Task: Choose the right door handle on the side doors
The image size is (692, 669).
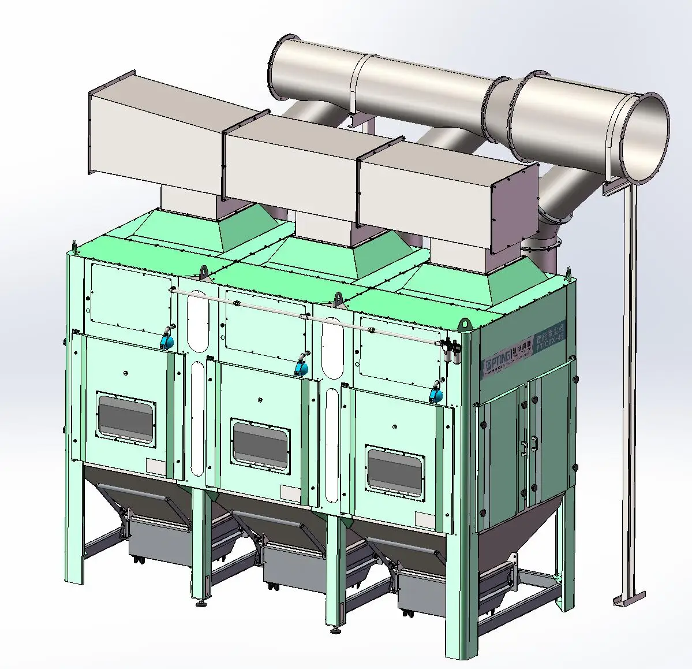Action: (x=535, y=443)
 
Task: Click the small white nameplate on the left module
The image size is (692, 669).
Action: (x=156, y=465)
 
